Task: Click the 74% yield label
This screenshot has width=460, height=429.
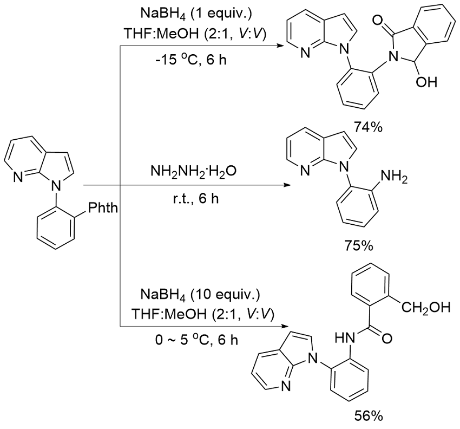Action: click(x=369, y=127)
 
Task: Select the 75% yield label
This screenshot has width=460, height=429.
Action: click(x=358, y=245)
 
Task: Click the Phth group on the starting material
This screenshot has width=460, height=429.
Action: click(x=103, y=208)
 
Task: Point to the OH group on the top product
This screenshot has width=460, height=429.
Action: click(x=426, y=82)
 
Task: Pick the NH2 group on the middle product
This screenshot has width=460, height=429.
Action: click(x=393, y=177)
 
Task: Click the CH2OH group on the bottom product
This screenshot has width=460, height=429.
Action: click(x=425, y=308)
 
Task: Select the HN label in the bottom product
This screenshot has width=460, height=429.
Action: click(x=345, y=338)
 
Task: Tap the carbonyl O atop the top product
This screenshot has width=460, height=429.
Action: click(x=378, y=21)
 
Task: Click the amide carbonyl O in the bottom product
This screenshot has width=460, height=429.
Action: click(x=386, y=338)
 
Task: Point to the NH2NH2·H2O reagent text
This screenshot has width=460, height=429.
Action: click(x=193, y=172)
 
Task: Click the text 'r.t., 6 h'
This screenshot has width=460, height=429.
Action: click(x=193, y=199)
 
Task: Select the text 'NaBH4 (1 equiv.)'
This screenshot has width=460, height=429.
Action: click(x=196, y=14)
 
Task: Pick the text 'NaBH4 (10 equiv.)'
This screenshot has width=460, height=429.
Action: click(x=200, y=294)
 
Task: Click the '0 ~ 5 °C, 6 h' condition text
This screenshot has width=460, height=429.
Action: click(x=196, y=340)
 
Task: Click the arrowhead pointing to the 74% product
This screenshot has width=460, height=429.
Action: click(x=281, y=46)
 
